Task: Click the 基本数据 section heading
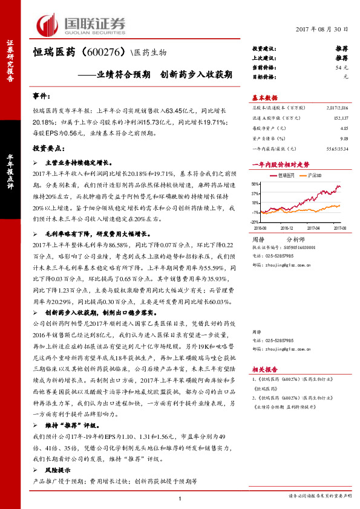pos(264,98)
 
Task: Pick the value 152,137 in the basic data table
pos(340,118)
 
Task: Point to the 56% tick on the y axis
pos(256,184)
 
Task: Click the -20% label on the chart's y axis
pos(255,222)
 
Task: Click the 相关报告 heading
pos(264,368)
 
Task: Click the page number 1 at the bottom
pos(180,498)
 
